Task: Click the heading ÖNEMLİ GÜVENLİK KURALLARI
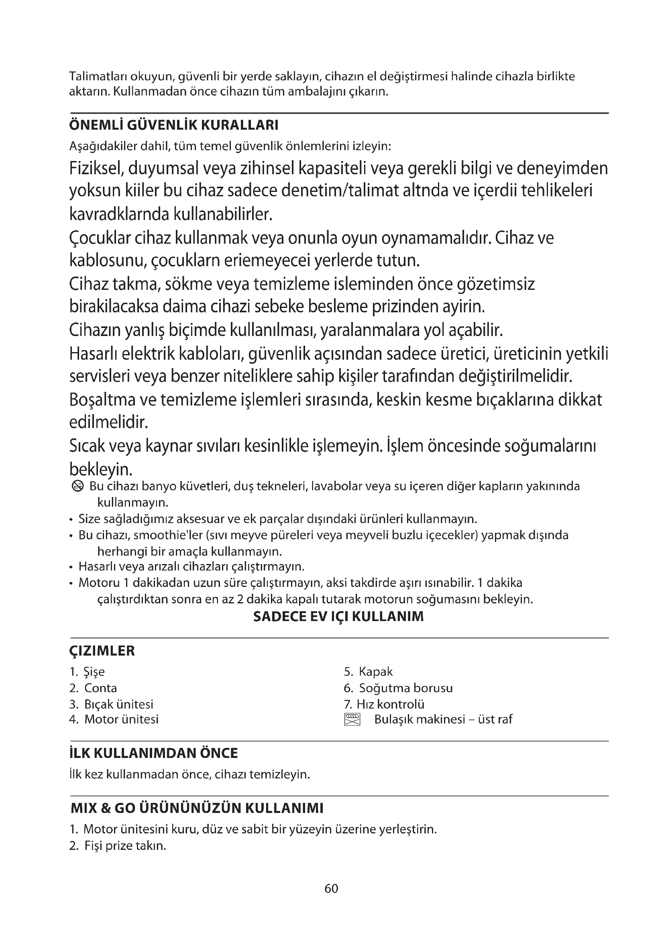tap(174, 125)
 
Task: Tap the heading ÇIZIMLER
tap(102, 651)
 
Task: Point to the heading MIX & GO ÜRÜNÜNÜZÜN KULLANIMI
tap(197, 808)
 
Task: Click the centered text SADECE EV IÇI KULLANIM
tap(338, 616)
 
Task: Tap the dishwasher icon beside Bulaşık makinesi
tap(352, 719)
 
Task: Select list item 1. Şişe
tap(88, 672)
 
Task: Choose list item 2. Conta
tap(93, 688)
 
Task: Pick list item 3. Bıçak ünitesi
tap(111, 704)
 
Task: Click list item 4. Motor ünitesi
tap(114, 719)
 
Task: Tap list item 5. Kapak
tap(368, 672)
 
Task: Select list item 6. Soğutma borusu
tap(398, 688)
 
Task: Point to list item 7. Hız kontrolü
tap(384, 704)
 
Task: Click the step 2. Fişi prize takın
tap(118, 846)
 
